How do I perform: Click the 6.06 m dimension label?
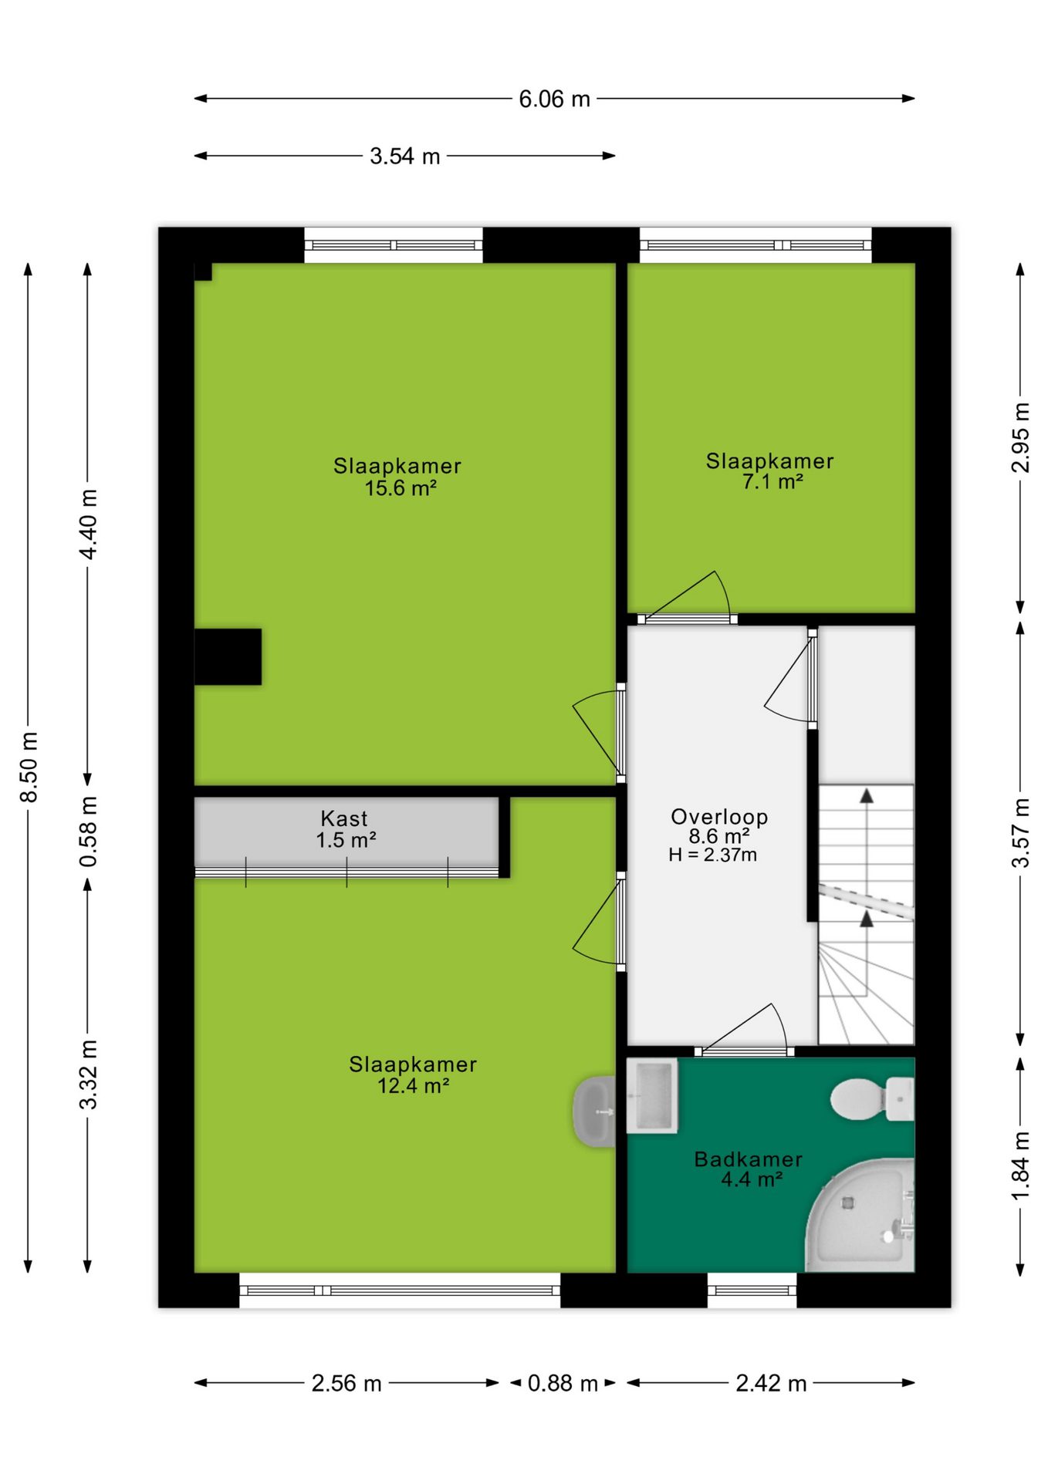[554, 100]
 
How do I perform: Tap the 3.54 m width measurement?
[404, 157]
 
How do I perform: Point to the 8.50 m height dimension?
[29, 767]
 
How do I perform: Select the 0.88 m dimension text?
[563, 1383]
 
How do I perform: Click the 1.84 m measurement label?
[1020, 1166]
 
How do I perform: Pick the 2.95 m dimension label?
[1020, 437]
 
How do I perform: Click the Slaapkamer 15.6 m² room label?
[397, 477]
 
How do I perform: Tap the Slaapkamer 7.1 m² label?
[770, 471]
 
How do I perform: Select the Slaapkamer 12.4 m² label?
[413, 1074]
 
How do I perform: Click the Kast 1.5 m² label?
[345, 829]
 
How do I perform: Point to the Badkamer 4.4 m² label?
[749, 1169]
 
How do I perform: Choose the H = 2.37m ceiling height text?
[712, 855]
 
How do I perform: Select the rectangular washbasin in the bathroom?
[652, 1095]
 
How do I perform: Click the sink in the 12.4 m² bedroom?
[594, 1112]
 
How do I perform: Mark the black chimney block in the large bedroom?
[228, 657]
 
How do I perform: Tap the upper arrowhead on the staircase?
[867, 796]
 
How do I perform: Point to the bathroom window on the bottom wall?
[752, 1290]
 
